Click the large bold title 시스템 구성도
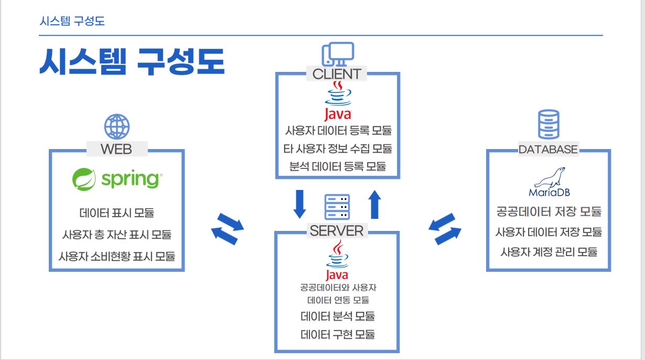tap(132, 62)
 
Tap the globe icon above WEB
tap(117, 126)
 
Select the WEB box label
tap(116, 149)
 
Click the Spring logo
tap(117, 179)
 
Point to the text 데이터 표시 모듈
tap(117, 213)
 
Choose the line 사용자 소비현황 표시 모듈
tap(117, 257)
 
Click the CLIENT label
tap(337, 74)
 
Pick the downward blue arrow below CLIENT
tap(299, 204)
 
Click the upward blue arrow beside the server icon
tap(374, 204)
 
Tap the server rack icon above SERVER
tap(337, 207)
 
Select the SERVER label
tap(337, 230)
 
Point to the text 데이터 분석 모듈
tap(338, 316)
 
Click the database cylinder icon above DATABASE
tap(548, 124)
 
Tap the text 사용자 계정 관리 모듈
tap(549, 251)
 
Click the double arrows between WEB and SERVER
tap(227, 228)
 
